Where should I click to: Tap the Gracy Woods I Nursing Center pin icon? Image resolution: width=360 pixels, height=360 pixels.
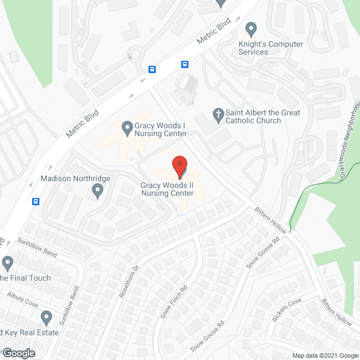coord(127,127)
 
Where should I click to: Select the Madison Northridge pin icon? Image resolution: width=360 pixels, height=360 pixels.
coord(98,191)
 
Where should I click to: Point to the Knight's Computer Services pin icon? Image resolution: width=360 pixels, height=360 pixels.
coord(251,28)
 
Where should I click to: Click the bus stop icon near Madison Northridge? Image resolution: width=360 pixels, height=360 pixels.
coord(36,201)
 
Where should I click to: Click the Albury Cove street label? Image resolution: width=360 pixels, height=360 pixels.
coord(22,299)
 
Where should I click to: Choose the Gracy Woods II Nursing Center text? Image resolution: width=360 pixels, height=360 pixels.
coord(168,189)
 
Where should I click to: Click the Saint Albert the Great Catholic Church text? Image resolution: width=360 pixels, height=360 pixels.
coord(263,116)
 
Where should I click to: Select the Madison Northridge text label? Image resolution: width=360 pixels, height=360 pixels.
coord(75,178)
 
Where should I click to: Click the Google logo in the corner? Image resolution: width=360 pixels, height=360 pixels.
coord(18,353)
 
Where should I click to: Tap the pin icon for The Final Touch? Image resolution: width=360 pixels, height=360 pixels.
coord(7,263)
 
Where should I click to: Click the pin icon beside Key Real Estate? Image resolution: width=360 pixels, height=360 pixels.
coord(46,318)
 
